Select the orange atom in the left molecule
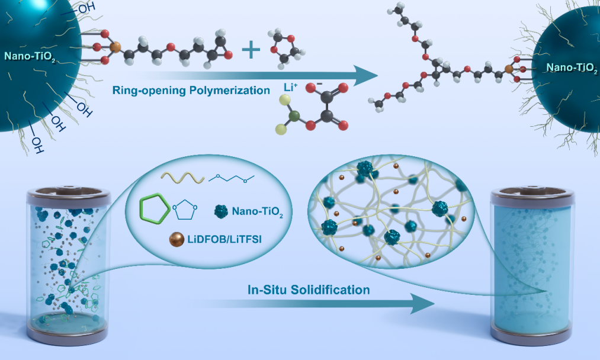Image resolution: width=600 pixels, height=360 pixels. point(115,47)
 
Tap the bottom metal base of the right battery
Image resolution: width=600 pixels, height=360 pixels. point(532,337)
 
